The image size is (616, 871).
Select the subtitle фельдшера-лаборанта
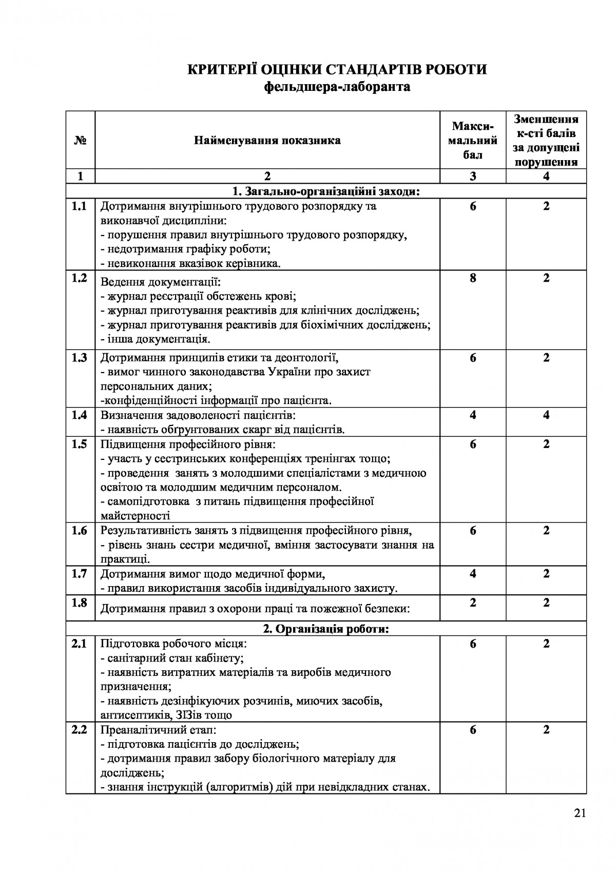[x=337, y=86]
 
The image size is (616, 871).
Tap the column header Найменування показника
[x=267, y=140]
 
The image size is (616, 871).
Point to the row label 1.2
[x=80, y=278]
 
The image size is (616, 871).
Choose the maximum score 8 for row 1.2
[x=473, y=278]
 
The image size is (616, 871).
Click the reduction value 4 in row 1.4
[x=546, y=415]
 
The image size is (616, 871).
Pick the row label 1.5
[x=80, y=444]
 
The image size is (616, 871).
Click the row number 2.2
[x=80, y=730]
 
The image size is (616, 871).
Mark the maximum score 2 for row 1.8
[x=473, y=603]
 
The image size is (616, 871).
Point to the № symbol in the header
[x=80, y=140]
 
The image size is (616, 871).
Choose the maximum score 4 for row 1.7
[x=473, y=574]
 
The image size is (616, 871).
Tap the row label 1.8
[x=80, y=603]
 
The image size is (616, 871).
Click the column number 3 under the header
[x=473, y=176]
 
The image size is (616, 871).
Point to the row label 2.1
[x=80, y=644]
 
